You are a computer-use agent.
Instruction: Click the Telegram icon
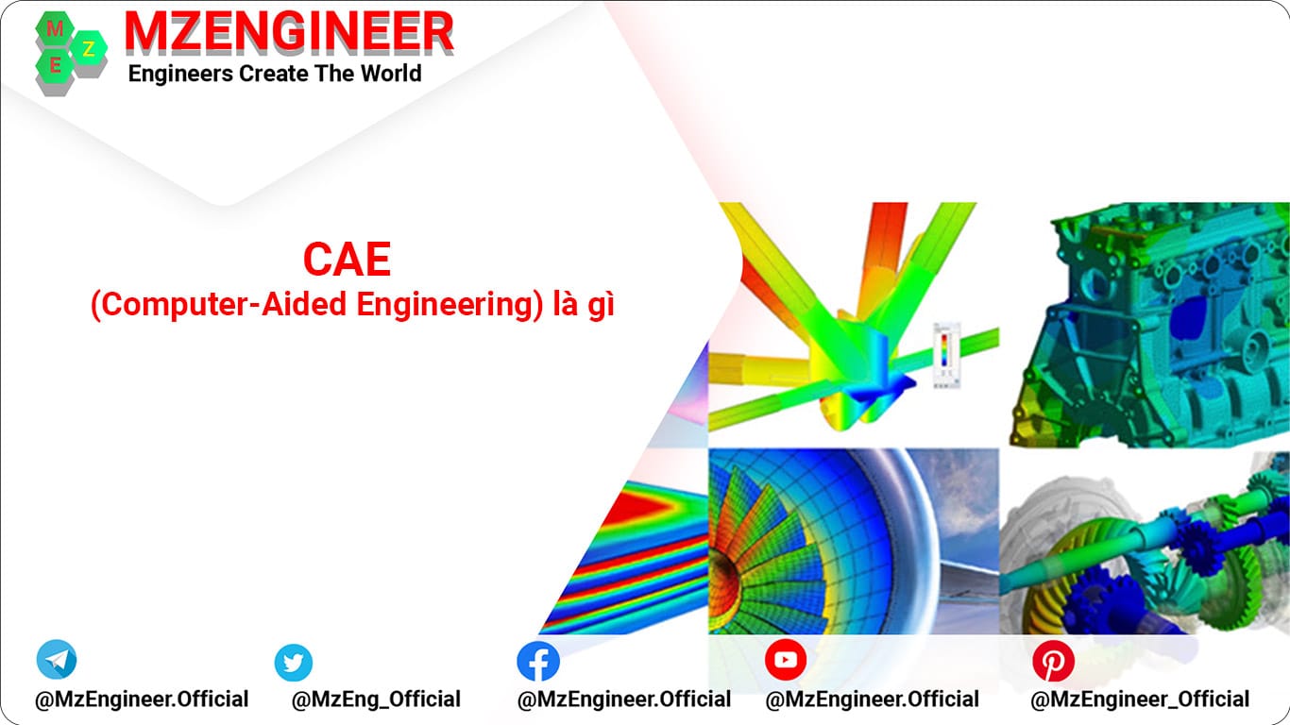tap(57, 660)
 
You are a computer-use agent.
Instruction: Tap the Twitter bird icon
tap(294, 663)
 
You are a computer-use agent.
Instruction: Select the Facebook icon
tap(538, 661)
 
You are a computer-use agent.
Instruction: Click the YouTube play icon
tap(786, 660)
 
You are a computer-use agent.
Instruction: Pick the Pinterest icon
tap(1052, 661)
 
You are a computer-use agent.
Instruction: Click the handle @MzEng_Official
tap(376, 700)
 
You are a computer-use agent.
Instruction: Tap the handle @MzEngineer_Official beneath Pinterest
tap(1140, 700)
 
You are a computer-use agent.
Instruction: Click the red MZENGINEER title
tap(289, 33)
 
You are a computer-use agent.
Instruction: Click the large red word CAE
tap(347, 261)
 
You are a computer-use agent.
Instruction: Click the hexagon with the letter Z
tap(89, 49)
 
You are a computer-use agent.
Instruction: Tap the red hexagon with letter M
tap(54, 28)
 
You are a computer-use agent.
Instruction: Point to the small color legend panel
tap(943, 353)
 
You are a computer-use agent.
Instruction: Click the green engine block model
tap(1147, 321)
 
